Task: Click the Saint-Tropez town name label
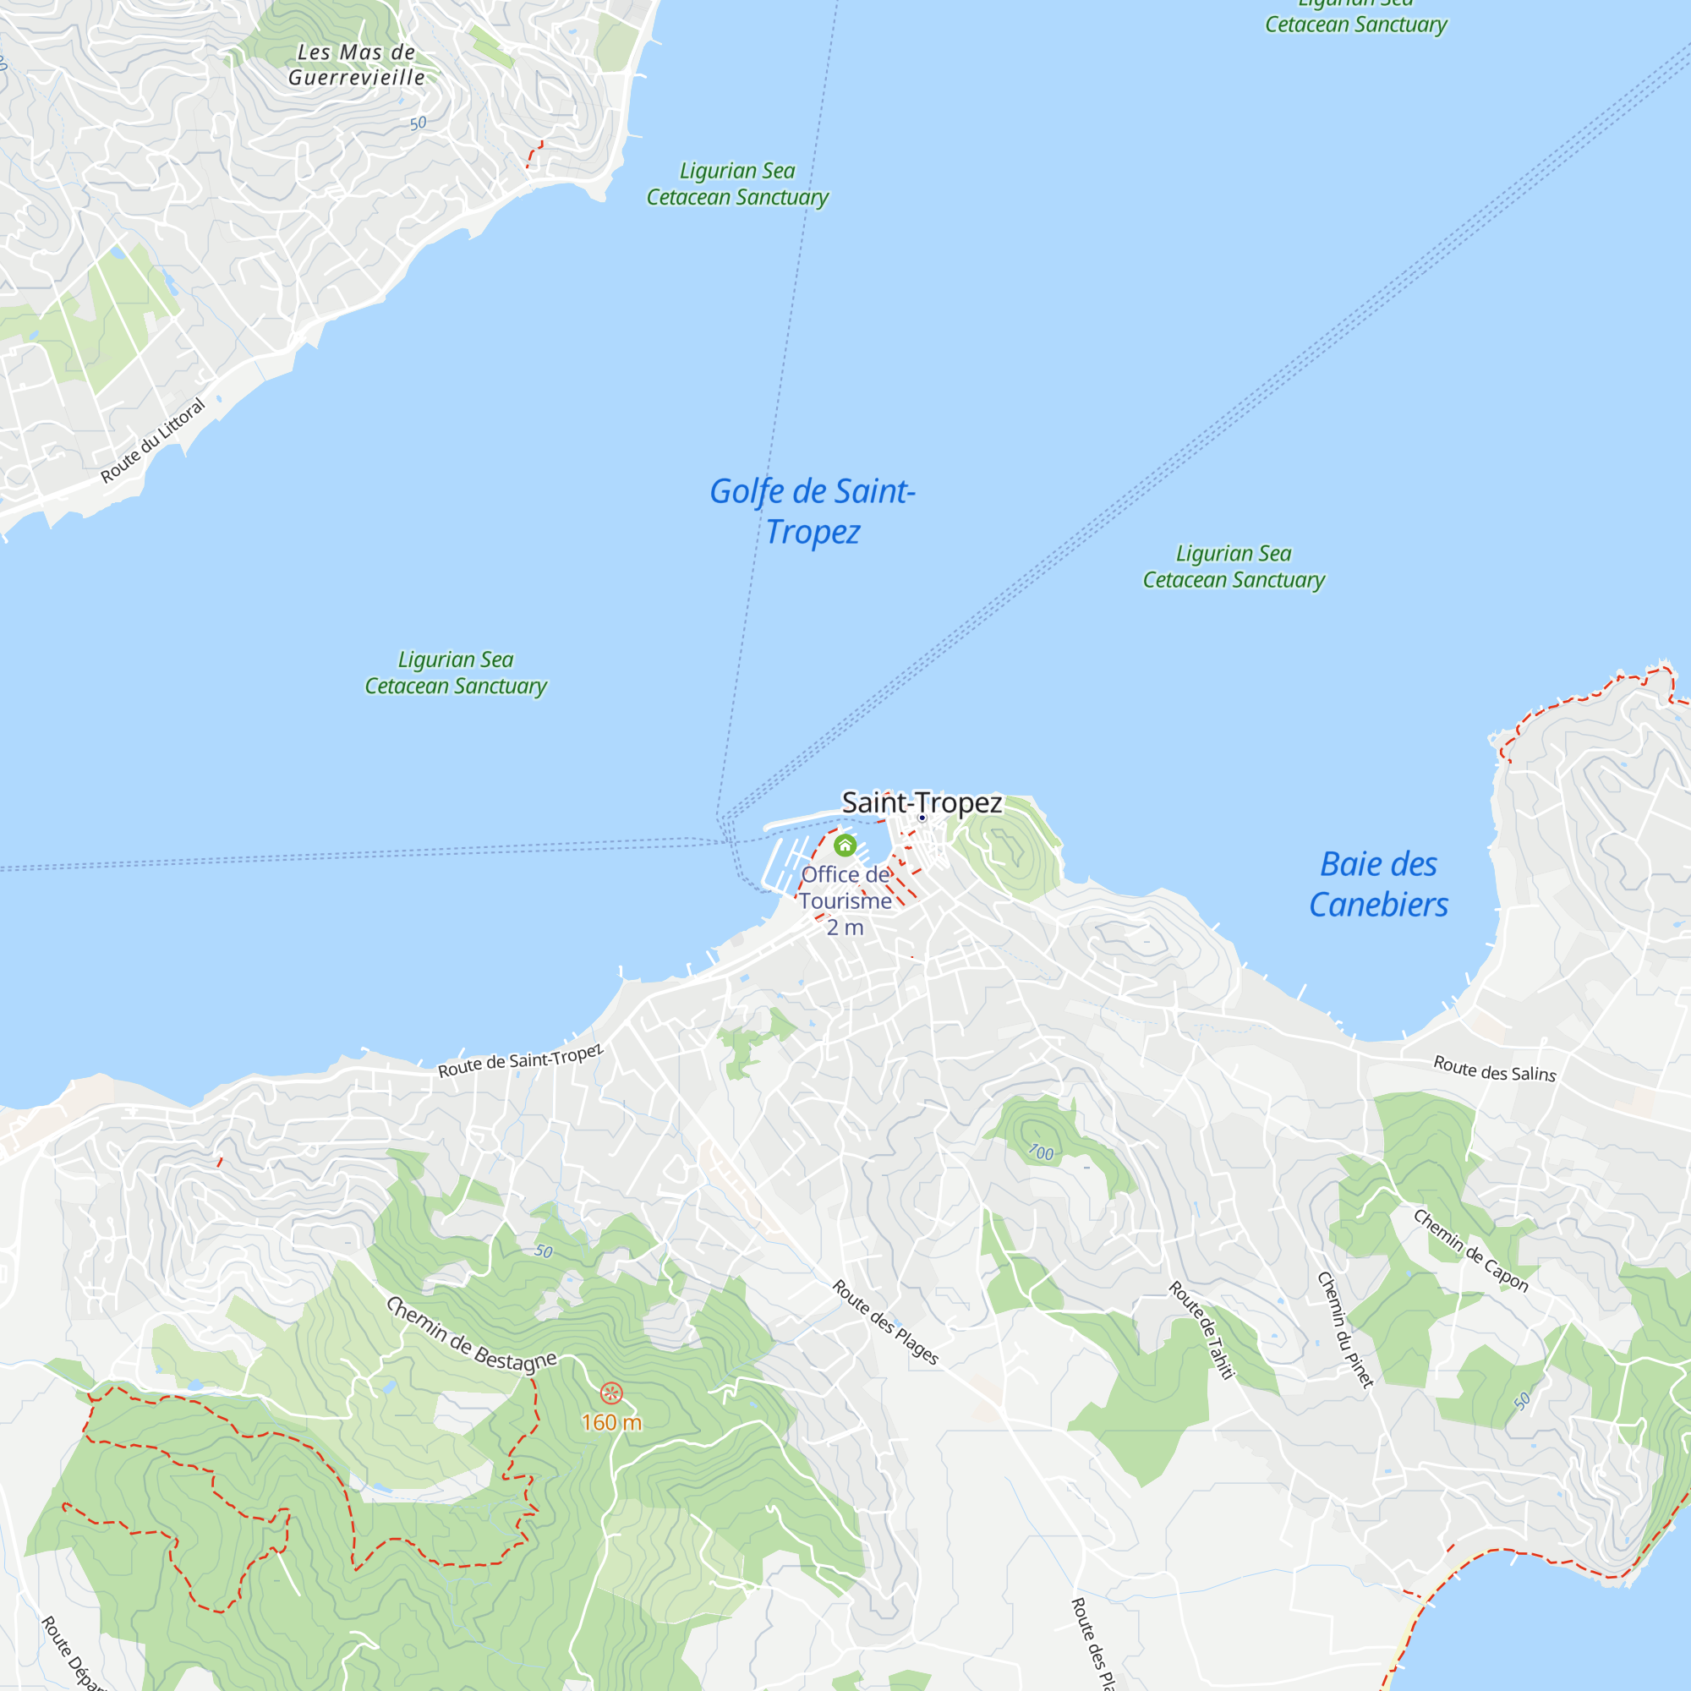coord(922,802)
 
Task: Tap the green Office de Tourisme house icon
coord(845,845)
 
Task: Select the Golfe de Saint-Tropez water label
coord(813,512)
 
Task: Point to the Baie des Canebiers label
coord(1378,884)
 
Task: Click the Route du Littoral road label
coord(152,441)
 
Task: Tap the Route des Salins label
coord(1494,1069)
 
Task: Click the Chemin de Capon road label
coord(1470,1250)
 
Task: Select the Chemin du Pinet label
coord(1345,1329)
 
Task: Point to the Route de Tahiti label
coord(1201,1330)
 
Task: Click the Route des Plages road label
coord(885,1322)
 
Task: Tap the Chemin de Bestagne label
coord(471,1334)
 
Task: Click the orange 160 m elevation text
coord(611,1422)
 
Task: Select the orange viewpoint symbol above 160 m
coord(611,1393)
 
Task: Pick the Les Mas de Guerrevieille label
coord(356,65)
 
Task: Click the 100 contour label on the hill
coord(1041,1152)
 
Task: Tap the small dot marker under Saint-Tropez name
coord(922,818)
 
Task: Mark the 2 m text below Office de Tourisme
coord(845,927)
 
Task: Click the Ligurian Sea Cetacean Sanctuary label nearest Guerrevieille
coord(737,183)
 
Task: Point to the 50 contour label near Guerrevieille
coord(419,123)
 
